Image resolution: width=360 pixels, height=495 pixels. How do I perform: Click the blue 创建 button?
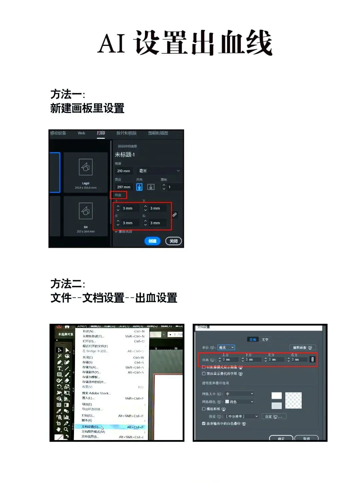152,241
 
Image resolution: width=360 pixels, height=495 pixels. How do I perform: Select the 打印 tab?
101,133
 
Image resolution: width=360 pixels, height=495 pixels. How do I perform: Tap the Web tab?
81,133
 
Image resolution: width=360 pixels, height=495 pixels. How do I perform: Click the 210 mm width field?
124,171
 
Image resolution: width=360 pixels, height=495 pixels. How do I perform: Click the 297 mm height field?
124,187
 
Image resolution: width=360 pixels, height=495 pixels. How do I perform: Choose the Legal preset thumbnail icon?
86,167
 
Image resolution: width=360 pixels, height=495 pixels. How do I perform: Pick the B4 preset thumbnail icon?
86,211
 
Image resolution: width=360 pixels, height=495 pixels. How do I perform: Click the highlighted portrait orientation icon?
139,187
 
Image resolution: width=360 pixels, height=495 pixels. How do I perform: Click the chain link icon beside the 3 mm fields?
175,215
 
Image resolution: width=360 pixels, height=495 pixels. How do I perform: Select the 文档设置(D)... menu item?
91,427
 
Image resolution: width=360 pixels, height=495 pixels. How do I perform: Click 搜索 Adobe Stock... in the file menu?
96,393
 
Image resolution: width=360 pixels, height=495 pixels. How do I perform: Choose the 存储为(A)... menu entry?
90,367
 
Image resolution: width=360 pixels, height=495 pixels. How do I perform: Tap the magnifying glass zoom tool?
66,429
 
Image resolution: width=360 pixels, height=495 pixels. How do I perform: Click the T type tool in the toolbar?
59,368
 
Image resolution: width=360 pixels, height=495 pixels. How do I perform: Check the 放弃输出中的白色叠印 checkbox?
204,423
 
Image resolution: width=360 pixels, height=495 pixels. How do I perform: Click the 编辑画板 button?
302,347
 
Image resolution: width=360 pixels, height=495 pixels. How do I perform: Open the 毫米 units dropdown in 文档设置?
226,347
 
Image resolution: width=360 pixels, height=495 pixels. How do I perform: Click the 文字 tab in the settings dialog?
265,339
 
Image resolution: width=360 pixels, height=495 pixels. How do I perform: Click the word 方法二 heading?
66,284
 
